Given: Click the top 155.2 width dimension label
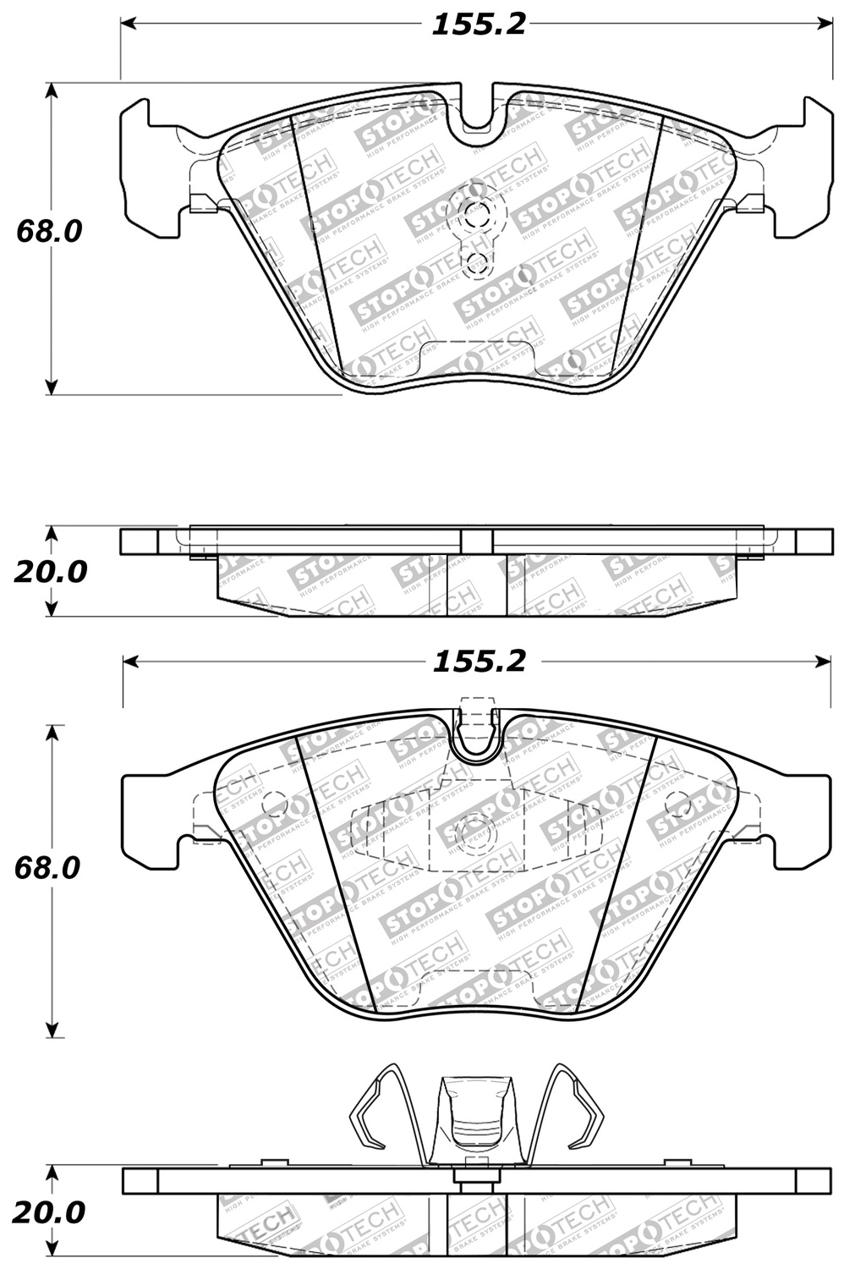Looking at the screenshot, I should (x=479, y=25).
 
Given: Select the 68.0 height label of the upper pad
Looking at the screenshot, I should (x=49, y=230).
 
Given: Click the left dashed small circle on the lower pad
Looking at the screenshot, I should (x=274, y=805).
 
